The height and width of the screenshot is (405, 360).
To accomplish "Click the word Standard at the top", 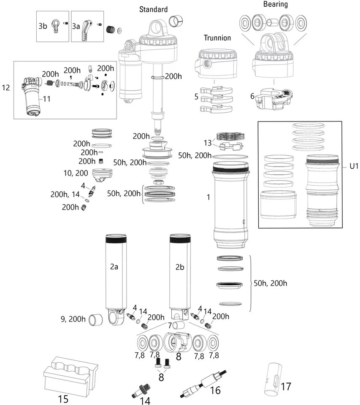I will point(153,9).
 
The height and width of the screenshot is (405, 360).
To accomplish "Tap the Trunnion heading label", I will point(217,38).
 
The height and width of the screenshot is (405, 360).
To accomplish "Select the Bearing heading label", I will point(275,5).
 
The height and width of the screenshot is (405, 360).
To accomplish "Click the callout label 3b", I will point(43,26).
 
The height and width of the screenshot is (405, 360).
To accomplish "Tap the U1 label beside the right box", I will point(354,166).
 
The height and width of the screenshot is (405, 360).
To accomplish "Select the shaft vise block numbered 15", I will point(70,373).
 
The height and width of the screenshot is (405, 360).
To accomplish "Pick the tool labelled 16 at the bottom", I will point(204,384).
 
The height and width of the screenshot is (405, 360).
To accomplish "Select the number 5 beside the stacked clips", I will point(196,97).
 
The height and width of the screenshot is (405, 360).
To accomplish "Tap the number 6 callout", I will point(252,96).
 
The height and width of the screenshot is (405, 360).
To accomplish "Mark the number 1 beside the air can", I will point(208,197).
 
